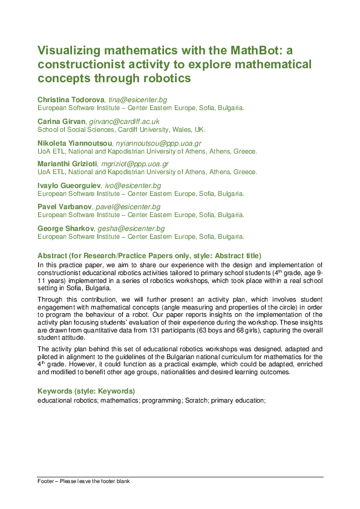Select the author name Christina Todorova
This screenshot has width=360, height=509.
71,99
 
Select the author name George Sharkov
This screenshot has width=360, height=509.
65,229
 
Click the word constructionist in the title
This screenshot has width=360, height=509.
77,64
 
